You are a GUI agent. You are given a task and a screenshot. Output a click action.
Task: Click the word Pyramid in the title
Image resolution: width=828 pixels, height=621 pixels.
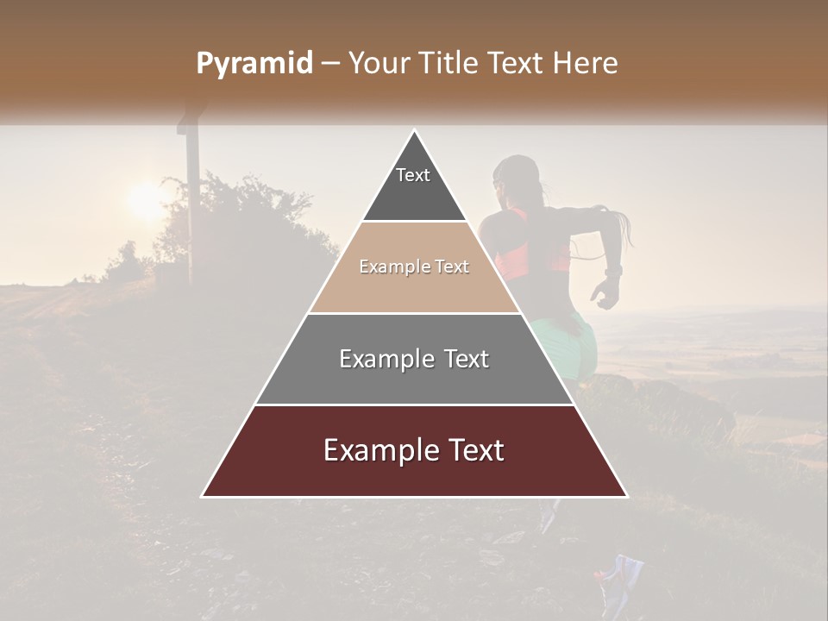[x=254, y=64]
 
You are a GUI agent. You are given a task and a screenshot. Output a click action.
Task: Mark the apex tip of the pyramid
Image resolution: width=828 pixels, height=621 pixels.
[x=414, y=132]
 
